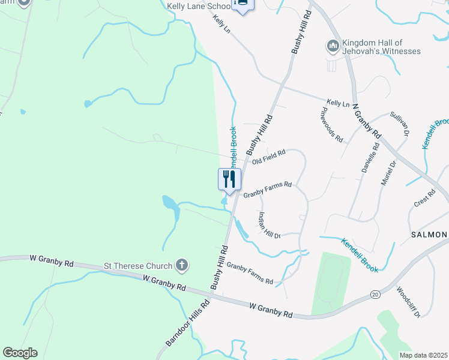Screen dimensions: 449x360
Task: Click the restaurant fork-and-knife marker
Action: pos(229,179)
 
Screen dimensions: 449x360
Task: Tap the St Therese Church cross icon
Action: pos(182,265)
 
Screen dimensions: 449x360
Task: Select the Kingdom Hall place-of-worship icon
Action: pos(333,46)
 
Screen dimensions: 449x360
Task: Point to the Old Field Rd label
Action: pos(268,157)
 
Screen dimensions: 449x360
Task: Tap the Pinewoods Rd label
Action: pos(331,125)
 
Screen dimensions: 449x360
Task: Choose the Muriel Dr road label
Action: pos(389,172)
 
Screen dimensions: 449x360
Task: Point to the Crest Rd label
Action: pos(424,199)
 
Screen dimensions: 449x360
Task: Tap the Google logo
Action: pos(20,353)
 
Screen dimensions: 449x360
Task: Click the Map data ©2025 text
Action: pos(423,355)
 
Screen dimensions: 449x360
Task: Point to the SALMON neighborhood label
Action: pos(429,235)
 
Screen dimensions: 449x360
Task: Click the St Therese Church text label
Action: pos(138,265)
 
